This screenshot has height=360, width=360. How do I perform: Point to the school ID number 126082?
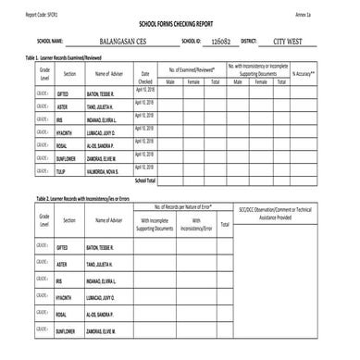coord(220,42)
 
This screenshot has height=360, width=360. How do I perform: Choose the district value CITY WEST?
coord(288,42)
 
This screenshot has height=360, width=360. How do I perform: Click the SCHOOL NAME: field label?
coord(50,42)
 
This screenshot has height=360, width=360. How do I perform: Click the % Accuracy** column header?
coord(305,73)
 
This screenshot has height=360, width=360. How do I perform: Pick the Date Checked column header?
coord(145,77)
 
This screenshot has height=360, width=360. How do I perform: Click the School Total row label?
coord(145,180)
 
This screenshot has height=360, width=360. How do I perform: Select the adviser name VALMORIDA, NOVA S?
coord(103,171)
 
